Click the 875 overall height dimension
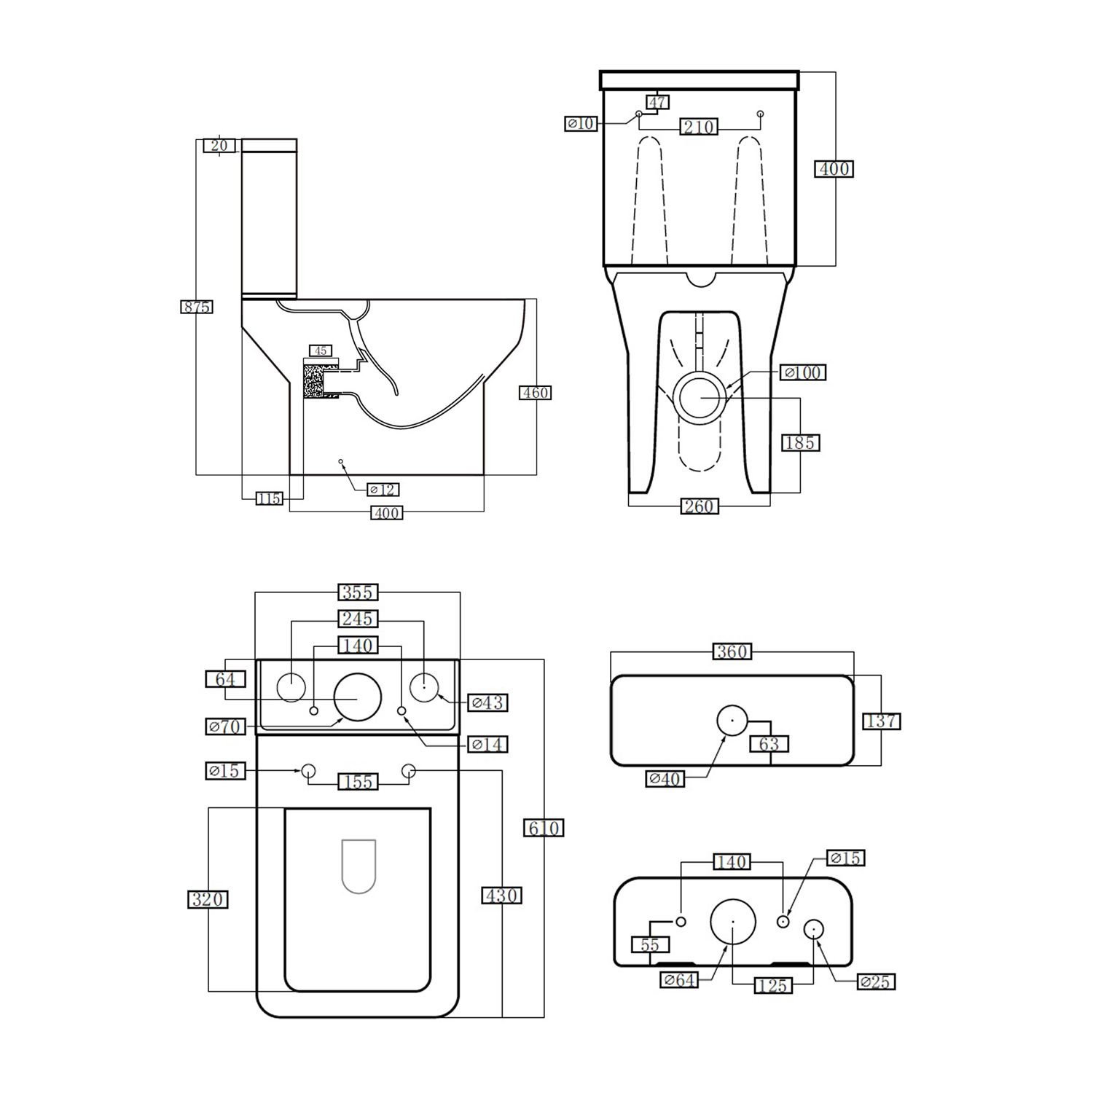pos(197,307)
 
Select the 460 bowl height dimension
pos(535,393)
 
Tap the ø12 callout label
pos(383,490)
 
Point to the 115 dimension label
pos(269,499)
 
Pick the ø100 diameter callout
pos(803,372)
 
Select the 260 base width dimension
pos(699,506)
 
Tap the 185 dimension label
pos(800,442)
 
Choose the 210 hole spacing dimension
pos(699,127)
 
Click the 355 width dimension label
pos(358,592)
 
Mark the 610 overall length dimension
pos(544,828)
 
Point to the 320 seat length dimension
pos(208,899)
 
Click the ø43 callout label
pos(487,702)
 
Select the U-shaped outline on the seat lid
pos(359,866)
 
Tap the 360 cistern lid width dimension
pos(732,651)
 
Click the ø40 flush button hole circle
pos(732,720)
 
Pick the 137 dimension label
pos(882,721)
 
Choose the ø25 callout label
pos(875,982)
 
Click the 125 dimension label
pos(772,985)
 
